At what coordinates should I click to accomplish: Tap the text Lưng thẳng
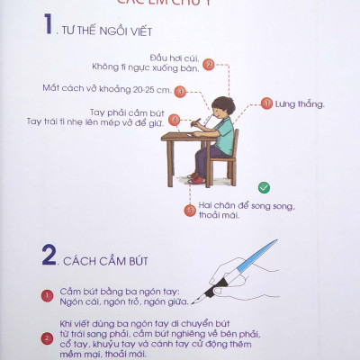[299, 104]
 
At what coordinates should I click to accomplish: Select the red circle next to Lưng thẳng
[266, 104]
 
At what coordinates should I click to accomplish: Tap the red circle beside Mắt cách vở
[179, 90]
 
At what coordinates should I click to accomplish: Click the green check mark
[264, 187]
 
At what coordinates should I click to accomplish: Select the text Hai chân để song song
[245, 206]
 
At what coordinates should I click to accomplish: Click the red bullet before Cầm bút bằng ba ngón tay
[48, 295]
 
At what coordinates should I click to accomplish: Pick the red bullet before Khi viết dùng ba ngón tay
[48, 338]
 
